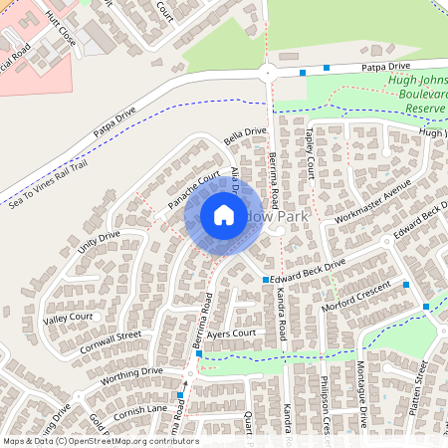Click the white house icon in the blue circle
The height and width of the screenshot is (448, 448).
click(x=223, y=215)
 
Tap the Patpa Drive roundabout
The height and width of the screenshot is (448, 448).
click(x=267, y=71)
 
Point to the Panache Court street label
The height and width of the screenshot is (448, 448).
click(x=193, y=190)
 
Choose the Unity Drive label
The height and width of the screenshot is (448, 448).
click(x=99, y=240)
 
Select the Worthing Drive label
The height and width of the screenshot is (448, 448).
click(x=130, y=373)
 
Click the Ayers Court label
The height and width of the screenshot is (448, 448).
click(x=232, y=334)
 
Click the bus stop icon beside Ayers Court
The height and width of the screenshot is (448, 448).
click(x=199, y=353)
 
